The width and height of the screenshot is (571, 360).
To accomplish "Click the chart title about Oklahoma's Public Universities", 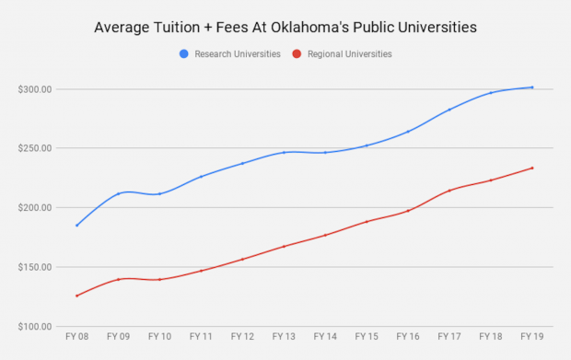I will pos(285,27).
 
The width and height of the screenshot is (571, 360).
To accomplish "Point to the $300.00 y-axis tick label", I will pos(34,89).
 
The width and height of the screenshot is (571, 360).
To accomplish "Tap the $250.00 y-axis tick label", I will pos(34,148).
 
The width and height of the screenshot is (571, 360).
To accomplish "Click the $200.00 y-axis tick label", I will pos(34,208).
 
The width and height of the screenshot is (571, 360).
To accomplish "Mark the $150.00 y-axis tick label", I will pos(34,267).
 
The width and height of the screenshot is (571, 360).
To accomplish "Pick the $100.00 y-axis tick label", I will pos(34,327).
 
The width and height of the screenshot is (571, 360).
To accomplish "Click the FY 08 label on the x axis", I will pos(77,337).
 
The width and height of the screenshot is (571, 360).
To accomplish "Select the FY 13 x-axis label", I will pos(284,337).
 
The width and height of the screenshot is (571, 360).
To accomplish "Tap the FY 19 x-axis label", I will pos(531,337).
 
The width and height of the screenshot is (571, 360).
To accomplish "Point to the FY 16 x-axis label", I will pos(408,337).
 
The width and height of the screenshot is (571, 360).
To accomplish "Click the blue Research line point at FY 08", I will pos(77,226).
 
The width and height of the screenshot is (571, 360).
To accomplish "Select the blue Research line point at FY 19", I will pos(531,87).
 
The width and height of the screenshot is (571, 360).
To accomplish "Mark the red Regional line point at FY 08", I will pos(77,296).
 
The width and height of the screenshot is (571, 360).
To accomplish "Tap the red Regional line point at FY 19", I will pos(531,168).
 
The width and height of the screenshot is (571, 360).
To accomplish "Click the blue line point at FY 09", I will pos(119,193).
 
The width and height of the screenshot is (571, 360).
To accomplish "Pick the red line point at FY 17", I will pos(449,191).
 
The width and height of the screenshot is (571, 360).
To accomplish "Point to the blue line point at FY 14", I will pos(325,152).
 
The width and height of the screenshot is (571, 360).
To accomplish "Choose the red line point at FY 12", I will pos(242,259).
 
